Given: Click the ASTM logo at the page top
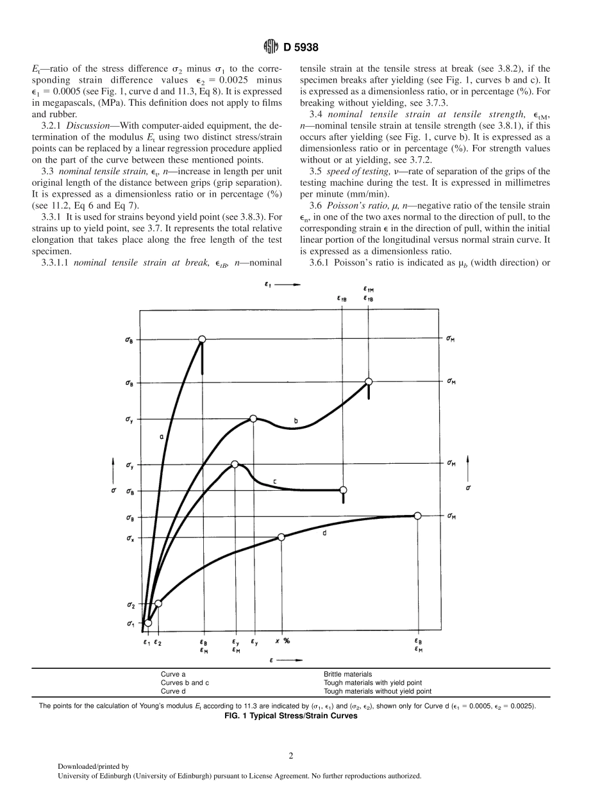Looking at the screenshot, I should click(271, 47).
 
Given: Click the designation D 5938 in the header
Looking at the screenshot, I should click(301, 47).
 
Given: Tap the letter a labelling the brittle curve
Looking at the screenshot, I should click(161, 436).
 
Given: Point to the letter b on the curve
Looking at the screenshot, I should click(296, 421).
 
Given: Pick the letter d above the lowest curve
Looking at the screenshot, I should click(325, 532).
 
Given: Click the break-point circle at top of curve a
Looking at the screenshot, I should click(202, 339).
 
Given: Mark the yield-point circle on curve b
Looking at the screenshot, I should click(253, 418).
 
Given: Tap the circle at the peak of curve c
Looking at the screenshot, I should click(235, 464).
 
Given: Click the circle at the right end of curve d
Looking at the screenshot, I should click(417, 516).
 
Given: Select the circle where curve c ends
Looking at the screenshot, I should click(343, 490).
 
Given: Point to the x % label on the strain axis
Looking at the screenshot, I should click(282, 641).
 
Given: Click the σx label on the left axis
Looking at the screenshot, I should click(130, 539).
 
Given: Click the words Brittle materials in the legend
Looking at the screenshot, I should click(347, 675).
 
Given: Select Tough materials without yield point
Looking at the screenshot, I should click(378, 691).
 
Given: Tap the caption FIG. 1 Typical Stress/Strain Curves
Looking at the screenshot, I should click(290, 716).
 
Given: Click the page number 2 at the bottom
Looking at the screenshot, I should click(291, 756).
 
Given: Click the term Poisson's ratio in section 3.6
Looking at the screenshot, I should click(353, 205).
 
